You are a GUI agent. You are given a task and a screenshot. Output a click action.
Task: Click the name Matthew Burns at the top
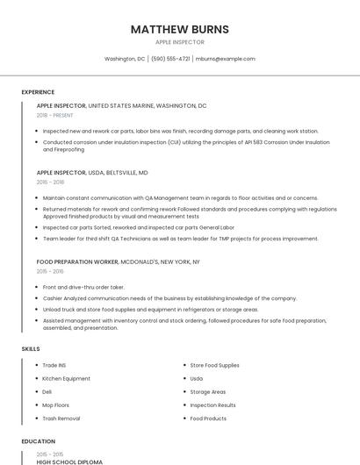[180, 29]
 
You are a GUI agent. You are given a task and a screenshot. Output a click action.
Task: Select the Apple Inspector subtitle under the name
[180, 42]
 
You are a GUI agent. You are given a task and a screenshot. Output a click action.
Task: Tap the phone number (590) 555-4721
[170, 59]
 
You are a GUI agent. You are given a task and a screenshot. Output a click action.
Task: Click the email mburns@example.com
[226, 59]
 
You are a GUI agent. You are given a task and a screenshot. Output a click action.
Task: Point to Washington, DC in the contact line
[125, 59]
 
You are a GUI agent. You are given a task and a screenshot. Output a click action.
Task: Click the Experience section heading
[38, 92]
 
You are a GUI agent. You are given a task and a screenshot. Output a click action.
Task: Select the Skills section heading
[31, 349]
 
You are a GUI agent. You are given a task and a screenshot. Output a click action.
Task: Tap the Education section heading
[38, 441]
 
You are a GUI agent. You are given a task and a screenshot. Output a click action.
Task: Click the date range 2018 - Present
[55, 115]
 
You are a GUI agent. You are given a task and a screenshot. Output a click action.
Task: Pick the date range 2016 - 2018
[50, 182]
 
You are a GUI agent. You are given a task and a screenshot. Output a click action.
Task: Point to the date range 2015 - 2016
[50, 271]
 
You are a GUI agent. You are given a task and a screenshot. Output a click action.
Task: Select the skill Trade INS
[54, 365]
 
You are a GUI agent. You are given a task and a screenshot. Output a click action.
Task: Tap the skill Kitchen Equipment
[67, 378]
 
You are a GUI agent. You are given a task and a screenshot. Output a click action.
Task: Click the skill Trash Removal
[61, 418]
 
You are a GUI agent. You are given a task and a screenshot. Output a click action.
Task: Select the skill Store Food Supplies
[214, 365]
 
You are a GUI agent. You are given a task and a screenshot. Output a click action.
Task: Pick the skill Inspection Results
[212, 405]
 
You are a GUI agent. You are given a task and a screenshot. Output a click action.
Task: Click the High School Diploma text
[69, 461]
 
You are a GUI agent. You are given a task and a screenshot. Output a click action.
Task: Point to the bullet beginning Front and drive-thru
[83, 287]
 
